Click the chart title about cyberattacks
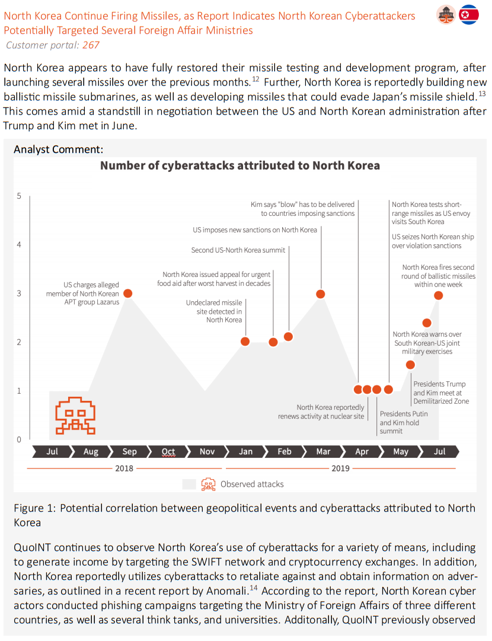pyautogui.click(x=240, y=165)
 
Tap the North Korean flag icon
pyautogui.click(x=468, y=15)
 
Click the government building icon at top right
pyautogui.click(x=446, y=15)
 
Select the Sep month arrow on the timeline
pyautogui.click(x=129, y=451)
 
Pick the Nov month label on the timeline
pyautogui.click(x=207, y=451)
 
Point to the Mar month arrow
pyautogui.click(x=323, y=451)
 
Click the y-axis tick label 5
pyautogui.click(x=19, y=196)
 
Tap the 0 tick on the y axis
pyautogui.click(x=19, y=439)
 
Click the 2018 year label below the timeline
pyautogui.click(x=124, y=468)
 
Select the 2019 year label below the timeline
pyautogui.click(x=340, y=468)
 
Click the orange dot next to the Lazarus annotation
pyautogui.click(x=128, y=293)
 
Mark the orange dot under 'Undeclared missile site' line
pyautogui.click(x=245, y=342)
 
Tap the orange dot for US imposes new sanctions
pyautogui.click(x=321, y=294)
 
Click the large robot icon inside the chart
pyautogui.click(x=75, y=415)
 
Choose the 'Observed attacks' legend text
pyautogui.click(x=252, y=484)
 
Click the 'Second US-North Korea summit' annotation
pyautogui.click(x=238, y=250)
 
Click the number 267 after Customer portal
pyautogui.click(x=91, y=45)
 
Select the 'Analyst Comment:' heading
pyautogui.click(x=59, y=149)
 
